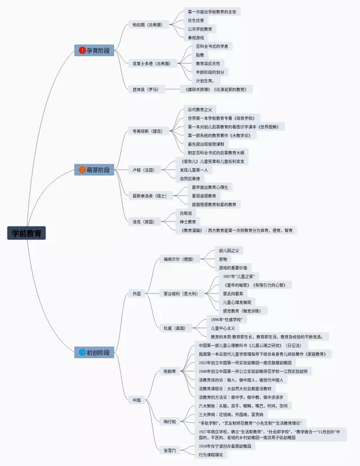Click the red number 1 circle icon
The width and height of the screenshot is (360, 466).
[82, 51]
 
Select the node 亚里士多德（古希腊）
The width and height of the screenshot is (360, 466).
[151, 64]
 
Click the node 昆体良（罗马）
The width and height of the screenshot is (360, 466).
[145, 89]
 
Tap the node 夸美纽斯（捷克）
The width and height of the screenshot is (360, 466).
[147, 131]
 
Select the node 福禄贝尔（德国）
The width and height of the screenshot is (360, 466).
[178, 259]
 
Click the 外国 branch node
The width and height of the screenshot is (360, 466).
[137, 293]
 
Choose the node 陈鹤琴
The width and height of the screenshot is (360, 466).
[169, 372]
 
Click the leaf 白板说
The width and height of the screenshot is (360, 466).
[186, 213]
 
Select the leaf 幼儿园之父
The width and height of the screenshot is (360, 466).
[229, 251]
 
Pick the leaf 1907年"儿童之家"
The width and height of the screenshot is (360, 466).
[238, 277]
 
